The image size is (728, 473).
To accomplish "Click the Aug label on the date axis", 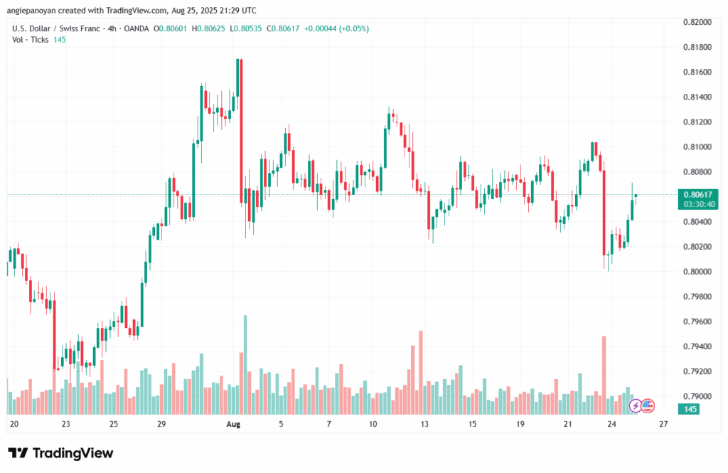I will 234,424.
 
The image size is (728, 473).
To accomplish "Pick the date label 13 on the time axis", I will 425,424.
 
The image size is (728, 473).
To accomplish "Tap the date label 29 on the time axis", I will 161,424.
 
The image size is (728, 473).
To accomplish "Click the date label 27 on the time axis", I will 663,424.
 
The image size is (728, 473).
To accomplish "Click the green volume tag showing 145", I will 689,409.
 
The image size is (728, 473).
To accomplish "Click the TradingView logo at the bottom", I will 60,453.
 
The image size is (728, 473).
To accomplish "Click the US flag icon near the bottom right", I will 647,406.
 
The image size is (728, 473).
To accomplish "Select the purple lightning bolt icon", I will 635,406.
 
